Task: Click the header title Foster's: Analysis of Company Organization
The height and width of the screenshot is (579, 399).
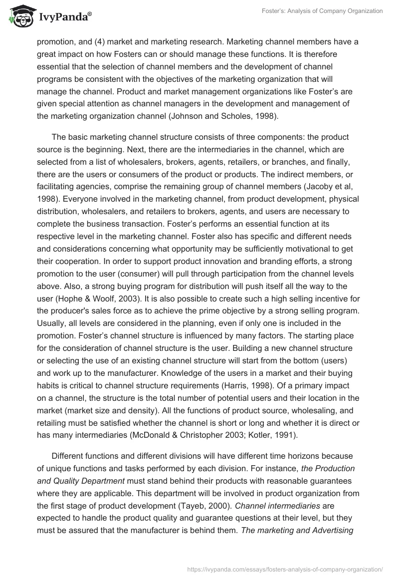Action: [x=330, y=11]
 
